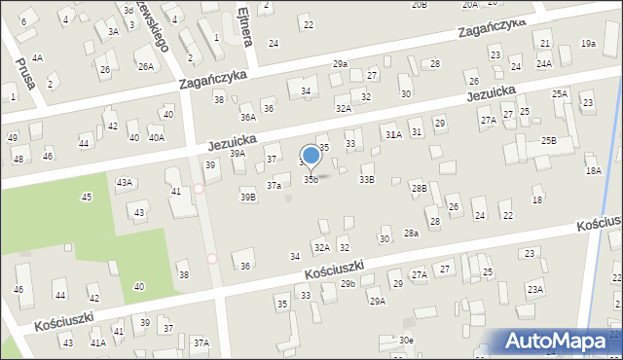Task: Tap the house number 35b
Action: tap(311, 179)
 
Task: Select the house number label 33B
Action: tap(367, 179)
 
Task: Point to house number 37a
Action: tap(275, 185)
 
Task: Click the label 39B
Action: tap(248, 198)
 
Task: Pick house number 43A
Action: tap(125, 182)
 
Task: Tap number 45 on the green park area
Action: tap(87, 198)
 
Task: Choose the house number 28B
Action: tap(419, 188)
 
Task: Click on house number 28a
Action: tap(412, 233)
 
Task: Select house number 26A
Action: tap(146, 66)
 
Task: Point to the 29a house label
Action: tap(340, 63)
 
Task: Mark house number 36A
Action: tap(248, 117)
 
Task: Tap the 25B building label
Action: tap(550, 141)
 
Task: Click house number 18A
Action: tap(593, 170)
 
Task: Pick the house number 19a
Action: tap(588, 43)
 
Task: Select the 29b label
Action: tap(348, 283)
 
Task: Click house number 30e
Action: tap(405, 340)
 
